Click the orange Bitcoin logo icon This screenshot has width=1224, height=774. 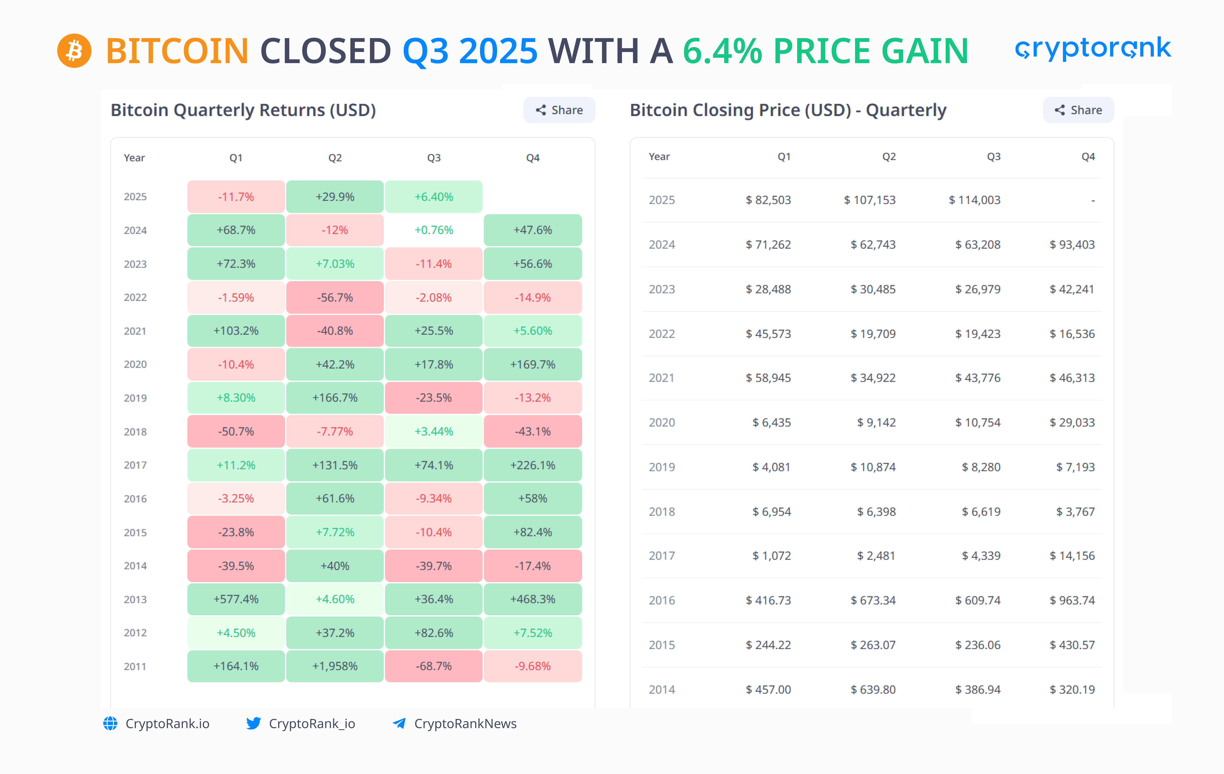[74, 51]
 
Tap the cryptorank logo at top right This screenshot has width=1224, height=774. [1093, 48]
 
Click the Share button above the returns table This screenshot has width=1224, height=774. [559, 110]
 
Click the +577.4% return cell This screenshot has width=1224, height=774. [236, 599]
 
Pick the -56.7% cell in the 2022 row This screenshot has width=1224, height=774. [335, 297]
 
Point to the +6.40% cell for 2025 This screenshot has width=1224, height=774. [433, 197]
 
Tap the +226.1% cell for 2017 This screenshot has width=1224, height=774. [533, 465]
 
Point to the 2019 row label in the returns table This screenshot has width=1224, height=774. [135, 398]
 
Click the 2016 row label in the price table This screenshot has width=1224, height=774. [662, 600]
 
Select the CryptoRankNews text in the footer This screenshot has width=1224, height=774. [465, 723]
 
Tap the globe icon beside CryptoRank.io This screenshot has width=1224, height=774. [110, 723]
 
